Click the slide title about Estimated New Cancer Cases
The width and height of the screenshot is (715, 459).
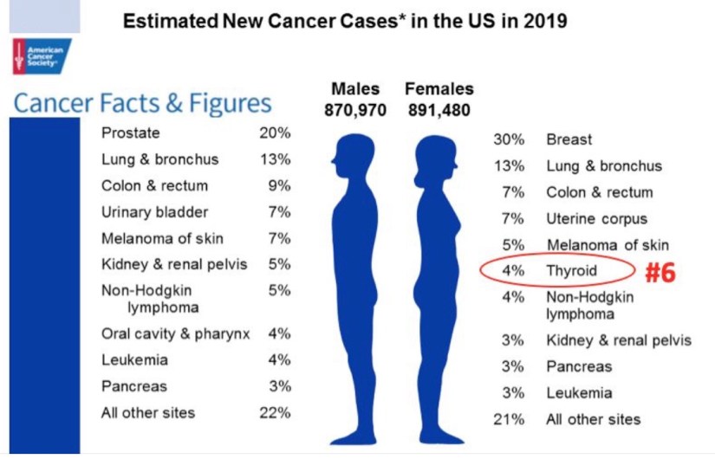point(346,20)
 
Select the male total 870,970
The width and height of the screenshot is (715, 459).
point(355,110)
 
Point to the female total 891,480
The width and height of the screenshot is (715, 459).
point(439,110)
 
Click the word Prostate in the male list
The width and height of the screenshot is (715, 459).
point(130,134)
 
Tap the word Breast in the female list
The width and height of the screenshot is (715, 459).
point(569,139)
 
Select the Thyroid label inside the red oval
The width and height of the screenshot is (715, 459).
point(571,270)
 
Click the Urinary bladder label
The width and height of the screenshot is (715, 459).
point(154,212)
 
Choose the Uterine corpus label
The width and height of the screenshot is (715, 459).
point(596,218)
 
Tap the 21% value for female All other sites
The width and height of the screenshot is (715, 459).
point(509,419)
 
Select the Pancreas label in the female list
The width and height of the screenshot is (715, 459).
point(578,366)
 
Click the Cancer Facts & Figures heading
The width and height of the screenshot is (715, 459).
point(142,104)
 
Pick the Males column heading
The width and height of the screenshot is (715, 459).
point(355,89)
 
